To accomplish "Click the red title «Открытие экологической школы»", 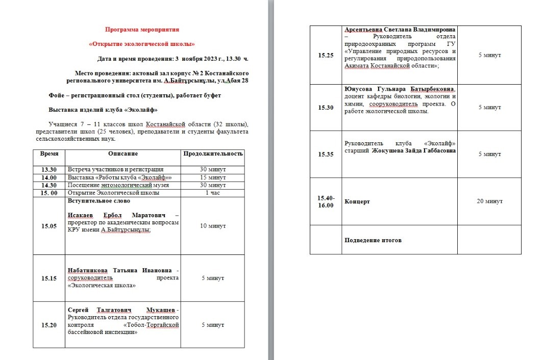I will point(142,44).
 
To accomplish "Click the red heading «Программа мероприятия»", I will point(142,30).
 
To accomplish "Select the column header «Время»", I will point(49,153).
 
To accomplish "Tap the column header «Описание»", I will point(123,153).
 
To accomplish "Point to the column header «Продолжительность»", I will point(213,153).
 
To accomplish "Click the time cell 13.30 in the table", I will point(49,170).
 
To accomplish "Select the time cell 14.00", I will point(49,177).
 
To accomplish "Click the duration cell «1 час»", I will point(213,193).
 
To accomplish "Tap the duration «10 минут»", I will point(213,226).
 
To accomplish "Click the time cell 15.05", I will point(49,226).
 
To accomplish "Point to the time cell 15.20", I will point(49,325).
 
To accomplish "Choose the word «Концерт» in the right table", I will point(357,201).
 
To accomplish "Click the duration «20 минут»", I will point(489,201).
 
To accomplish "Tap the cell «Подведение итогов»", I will point(373,240).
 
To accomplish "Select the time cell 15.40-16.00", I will point(326,201).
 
